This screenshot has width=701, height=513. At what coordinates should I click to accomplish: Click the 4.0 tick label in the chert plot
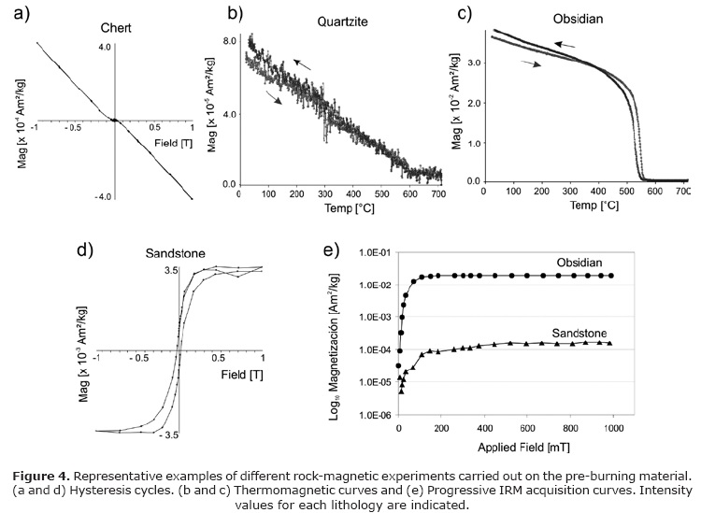pyautogui.click(x=105, y=46)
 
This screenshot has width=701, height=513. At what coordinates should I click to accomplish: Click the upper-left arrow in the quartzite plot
pyautogui.click(x=301, y=63)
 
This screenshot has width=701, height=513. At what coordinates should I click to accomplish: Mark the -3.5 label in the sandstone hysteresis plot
pyautogui.click(x=167, y=435)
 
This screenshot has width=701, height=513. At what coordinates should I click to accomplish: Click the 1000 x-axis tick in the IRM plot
pyautogui.click(x=612, y=429)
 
